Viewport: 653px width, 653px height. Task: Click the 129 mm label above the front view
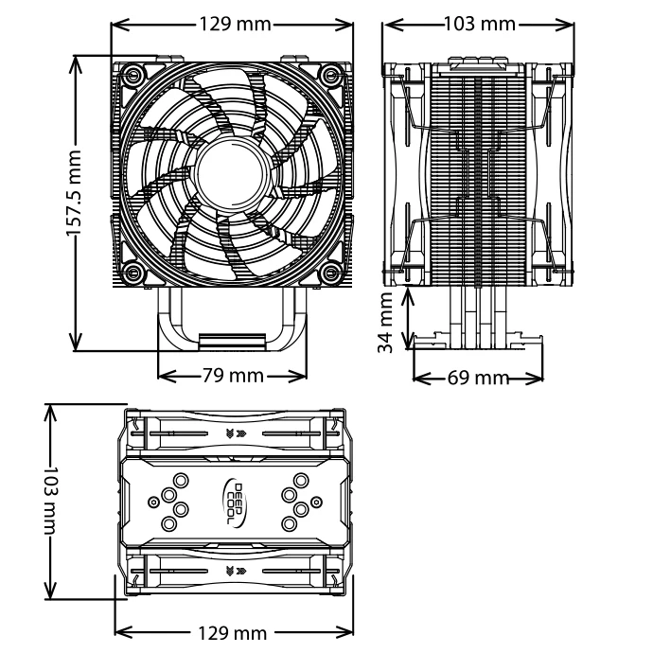(x=232, y=23)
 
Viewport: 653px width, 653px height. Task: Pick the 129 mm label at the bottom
(x=232, y=632)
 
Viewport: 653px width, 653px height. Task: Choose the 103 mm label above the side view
(x=479, y=23)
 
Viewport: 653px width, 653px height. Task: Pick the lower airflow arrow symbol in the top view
(x=233, y=571)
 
